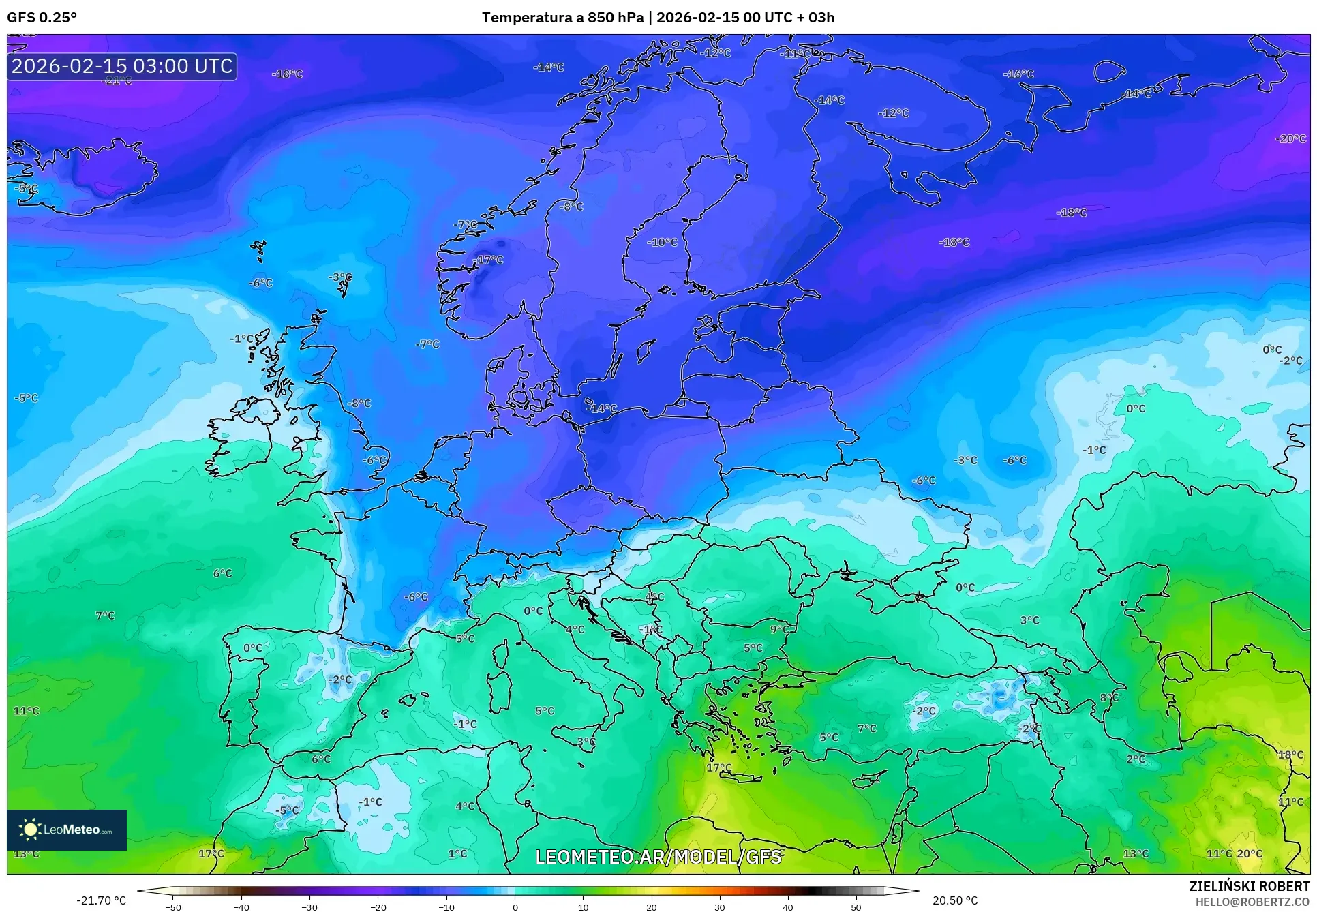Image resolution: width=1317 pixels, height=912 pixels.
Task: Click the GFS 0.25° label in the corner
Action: (42, 18)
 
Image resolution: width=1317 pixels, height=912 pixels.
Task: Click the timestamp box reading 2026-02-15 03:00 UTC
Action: (122, 66)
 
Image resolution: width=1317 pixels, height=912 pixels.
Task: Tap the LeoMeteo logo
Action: (66, 830)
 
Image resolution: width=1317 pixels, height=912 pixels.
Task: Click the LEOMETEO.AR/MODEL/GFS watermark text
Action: (658, 857)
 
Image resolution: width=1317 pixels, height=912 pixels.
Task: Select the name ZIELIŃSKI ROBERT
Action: (1249, 886)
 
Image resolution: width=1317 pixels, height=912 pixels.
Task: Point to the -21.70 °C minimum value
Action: (101, 900)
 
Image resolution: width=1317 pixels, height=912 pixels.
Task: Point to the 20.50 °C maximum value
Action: (955, 900)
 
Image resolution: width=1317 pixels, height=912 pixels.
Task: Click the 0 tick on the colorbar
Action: (515, 907)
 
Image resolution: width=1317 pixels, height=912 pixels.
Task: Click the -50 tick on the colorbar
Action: (173, 907)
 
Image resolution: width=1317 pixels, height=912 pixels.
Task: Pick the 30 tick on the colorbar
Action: (720, 907)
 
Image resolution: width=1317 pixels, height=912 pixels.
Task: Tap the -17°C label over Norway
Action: (488, 260)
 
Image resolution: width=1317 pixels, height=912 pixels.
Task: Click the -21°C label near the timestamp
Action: (117, 81)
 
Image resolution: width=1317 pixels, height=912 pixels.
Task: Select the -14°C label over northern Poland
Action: (601, 408)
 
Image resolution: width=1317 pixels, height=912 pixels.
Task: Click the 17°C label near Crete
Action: (718, 767)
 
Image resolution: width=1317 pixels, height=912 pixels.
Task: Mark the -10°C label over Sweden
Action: (662, 242)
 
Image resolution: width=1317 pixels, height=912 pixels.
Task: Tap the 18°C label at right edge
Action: (1290, 755)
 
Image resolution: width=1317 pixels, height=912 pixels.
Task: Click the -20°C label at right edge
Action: (1290, 138)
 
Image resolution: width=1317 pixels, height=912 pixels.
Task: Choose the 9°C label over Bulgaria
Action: (778, 629)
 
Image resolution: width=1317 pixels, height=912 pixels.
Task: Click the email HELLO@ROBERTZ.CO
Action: (1252, 901)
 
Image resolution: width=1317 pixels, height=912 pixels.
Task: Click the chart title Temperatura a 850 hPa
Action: (562, 18)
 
